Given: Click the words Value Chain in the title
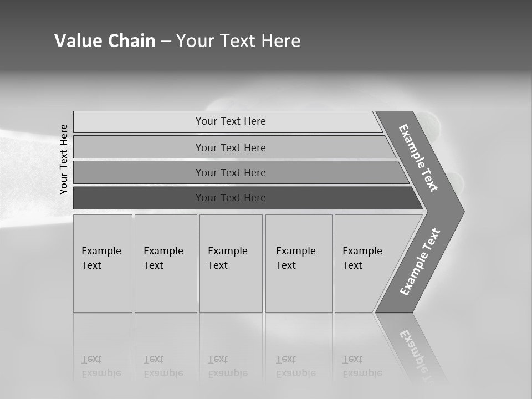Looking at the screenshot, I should tap(105, 41).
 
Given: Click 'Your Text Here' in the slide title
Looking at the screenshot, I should tap(238, 41).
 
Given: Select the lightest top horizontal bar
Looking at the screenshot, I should tap(139, 122).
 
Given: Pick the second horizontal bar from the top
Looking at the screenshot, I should tap(139, 147).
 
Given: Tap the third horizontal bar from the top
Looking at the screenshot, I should tap(139, 172).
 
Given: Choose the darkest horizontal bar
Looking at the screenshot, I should tap(139, 198).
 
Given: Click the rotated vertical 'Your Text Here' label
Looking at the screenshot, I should tap(64, 159).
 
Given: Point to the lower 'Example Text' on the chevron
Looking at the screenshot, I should tap(420, 262).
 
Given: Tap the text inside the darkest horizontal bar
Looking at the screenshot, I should tap(231, 198).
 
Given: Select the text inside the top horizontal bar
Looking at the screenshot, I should tap(231, 121).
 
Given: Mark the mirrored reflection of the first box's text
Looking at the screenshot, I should tap(101, 366).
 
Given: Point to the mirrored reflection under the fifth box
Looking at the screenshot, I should tap(362, 366).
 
